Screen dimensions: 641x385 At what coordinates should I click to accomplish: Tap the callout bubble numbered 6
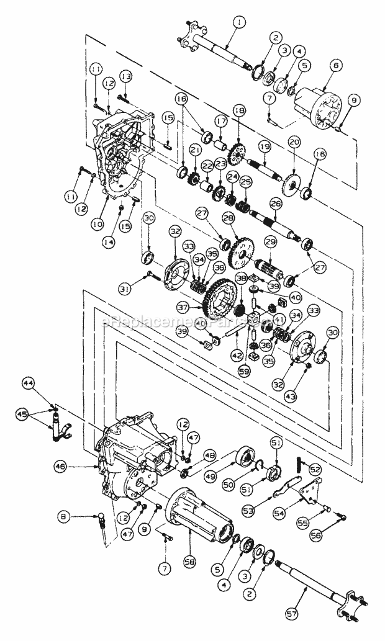[336, 65]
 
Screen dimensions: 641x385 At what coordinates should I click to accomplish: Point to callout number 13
[126, 76]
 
